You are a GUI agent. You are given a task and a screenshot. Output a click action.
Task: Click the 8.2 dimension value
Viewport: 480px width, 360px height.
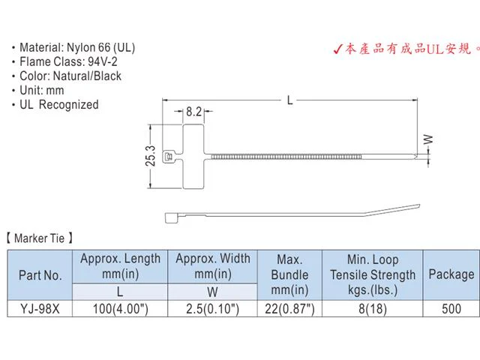pyautogui.click(x=193, y=112)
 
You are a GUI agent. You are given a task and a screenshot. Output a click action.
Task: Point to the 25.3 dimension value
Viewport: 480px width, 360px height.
pyautogui.click(x=150, y=156)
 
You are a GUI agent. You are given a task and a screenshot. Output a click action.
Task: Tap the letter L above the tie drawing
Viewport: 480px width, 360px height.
pyautogui.click(x=290, y=100)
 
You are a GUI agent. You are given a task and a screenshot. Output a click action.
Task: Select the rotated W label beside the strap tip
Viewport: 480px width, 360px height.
pyautogui.click(x=428, y=139)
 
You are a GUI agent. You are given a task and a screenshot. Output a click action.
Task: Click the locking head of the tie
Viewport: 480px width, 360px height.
pyautogui.click(x=168, y=157)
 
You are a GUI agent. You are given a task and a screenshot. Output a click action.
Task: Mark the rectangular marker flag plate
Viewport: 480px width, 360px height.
pyautogui.click(x=193, y=157)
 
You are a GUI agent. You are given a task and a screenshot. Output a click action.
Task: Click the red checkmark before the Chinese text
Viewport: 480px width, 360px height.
pyautogui.click(x=337, y=49)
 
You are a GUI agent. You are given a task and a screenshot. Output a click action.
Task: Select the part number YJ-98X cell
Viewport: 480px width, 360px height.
pyautogui.click(x=40, y=308)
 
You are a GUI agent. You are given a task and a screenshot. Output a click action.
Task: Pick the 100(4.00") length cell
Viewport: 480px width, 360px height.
pyautogui.click(x=120, y=308)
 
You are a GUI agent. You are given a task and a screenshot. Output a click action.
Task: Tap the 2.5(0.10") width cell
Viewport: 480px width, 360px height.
pyautogui.click(x=212, y=308)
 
